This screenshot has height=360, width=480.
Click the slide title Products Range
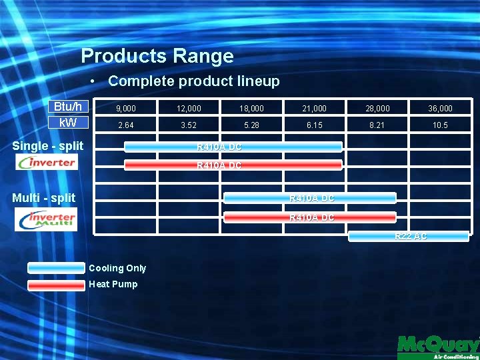[157, 56]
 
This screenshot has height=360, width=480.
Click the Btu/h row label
[68, 107]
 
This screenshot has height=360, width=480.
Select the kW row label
[68, 123]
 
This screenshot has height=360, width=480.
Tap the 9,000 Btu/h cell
[125, 108]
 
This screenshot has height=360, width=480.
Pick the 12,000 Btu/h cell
[189, 108]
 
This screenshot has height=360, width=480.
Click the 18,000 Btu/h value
[251, 108]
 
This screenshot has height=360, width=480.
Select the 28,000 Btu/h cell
[377, 108]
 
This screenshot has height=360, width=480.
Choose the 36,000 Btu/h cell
[440, 108]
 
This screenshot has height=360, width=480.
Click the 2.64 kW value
[125, 125]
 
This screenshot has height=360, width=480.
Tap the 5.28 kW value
[251, 125]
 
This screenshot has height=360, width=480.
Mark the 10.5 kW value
[440, 125]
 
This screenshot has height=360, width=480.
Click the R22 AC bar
[409, 236]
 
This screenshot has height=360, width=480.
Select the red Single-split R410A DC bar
[233, 165]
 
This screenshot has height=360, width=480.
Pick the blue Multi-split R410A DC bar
[310, 198]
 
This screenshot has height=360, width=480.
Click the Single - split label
[48, 146]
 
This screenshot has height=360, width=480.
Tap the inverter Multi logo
[46, 219]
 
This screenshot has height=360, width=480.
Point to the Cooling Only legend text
[117, 268]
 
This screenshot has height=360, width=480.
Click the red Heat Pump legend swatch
[56, 285]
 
